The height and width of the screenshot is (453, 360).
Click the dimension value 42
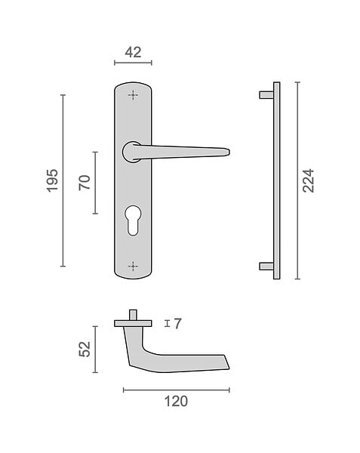[x=133, y=53]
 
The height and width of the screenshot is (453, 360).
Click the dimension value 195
[x=53, y=181]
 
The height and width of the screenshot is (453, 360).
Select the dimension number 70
[x=85, y=183]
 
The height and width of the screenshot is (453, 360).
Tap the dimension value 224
[x=308, y=181]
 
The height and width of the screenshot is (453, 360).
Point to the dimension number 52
[x=85, y=350]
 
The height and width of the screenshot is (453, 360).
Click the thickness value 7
[x=178, y=324]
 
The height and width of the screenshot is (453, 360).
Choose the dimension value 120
[x=176, y=402]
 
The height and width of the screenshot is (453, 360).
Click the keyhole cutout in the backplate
[x=133, y=220]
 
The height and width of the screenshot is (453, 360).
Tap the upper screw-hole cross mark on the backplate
[x=133, y=95]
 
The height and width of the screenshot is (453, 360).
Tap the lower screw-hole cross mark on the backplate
[x=133, y=267]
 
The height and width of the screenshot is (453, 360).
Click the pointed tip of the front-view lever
[x=229, y=152]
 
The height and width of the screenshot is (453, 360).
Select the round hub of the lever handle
[x=130, y=152]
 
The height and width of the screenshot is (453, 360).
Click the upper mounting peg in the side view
[x=266, y=95]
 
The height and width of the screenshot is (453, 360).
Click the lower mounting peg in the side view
[x=266, y=267]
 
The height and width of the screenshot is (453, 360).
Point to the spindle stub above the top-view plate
[x=133, y=315]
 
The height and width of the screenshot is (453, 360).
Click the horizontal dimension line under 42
[x=133, y=63]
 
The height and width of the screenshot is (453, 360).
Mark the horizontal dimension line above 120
[x=177, y=390]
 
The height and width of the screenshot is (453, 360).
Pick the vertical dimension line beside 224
[x=297, y=181]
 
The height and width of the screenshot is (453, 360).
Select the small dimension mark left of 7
[x=167, y=324]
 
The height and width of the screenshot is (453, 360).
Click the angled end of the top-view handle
[x=226, y=362]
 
